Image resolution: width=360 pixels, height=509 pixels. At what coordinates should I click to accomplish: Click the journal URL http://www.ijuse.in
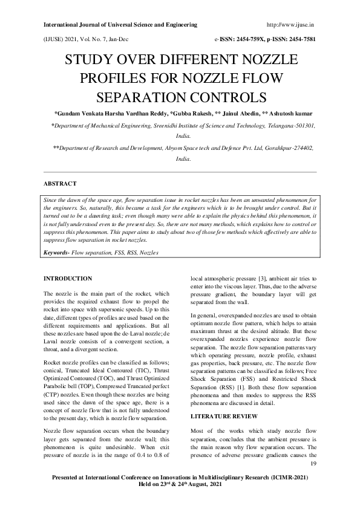289,25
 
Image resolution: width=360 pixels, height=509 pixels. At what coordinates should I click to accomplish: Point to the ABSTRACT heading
60,182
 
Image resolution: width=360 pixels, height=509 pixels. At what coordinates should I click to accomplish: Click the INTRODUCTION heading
68,278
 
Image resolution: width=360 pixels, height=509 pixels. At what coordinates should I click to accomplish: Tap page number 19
313,464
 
